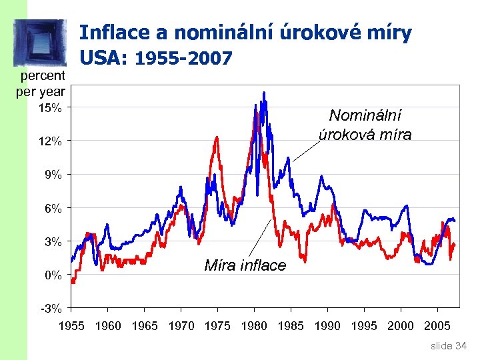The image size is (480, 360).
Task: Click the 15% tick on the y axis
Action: (x=50, y=107)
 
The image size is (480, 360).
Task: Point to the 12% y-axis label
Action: (x=50, y=141)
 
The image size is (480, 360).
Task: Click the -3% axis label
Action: (x=51, y=308)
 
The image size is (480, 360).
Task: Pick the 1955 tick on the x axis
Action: (x=72, y=326)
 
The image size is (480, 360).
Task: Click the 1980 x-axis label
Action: (x=254, y=326)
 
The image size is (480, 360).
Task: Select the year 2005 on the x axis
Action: (x=437, y=326)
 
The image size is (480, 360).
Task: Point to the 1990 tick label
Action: (x=327, y=326)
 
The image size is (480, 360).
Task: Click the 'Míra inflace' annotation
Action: (x=245, y=265)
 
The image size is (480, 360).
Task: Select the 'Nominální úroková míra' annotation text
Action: (x=365, y=125)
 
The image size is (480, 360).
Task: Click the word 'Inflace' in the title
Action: (x=111, y=33)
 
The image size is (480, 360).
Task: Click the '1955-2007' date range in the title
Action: (x=183, y=59)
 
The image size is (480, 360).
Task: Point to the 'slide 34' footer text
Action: (x=449, y=345)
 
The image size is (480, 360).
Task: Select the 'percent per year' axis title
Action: (x=41, y=83)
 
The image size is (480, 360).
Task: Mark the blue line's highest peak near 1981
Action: (x=264, y=93)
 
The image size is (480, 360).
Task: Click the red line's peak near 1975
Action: (x=217, y=137)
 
